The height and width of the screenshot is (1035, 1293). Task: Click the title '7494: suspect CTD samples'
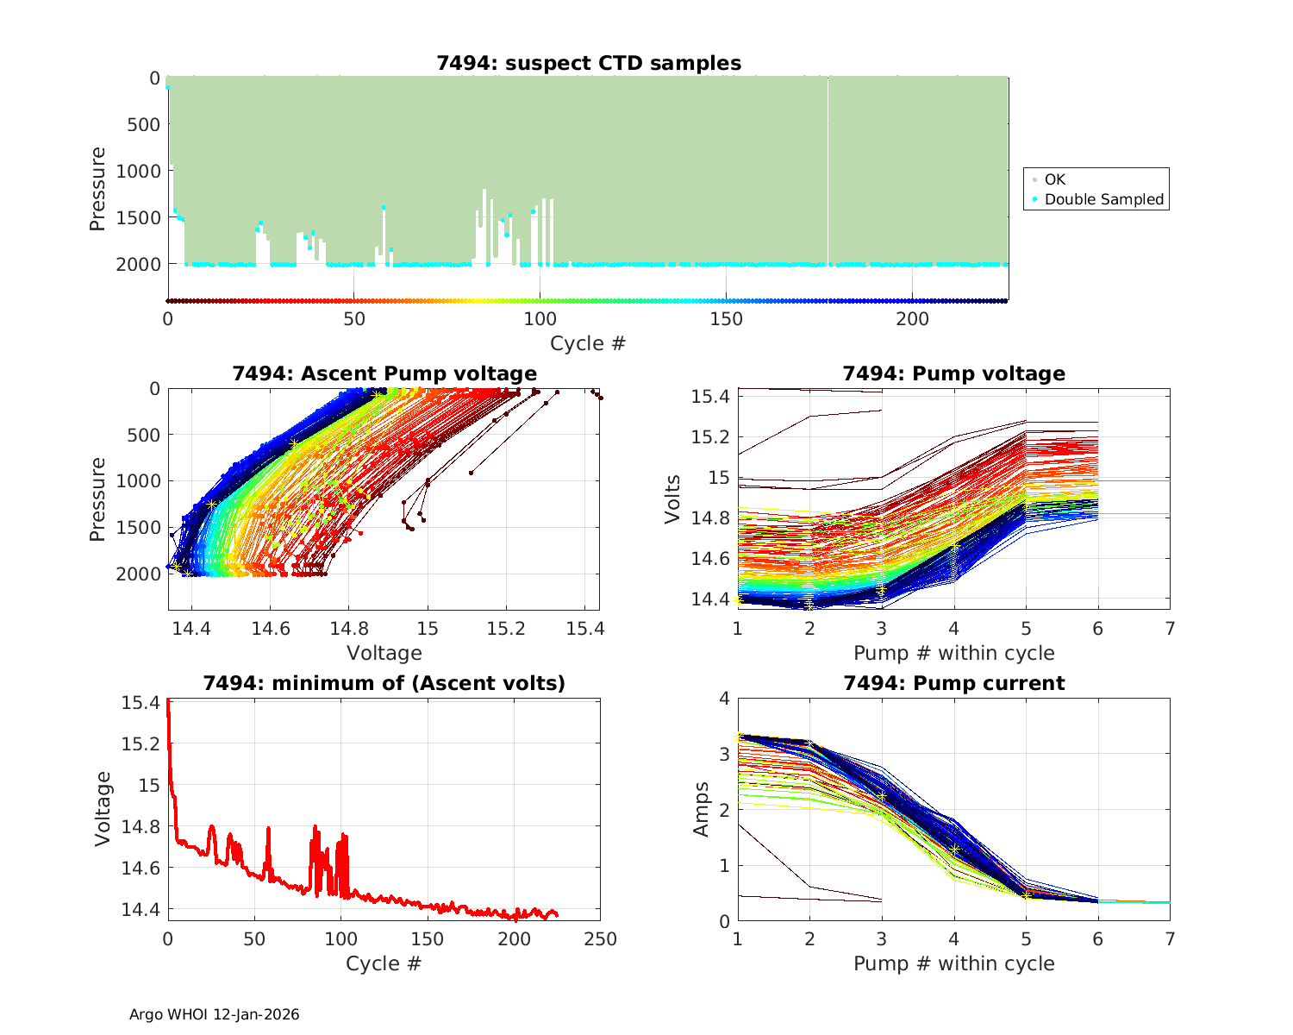click(588, 63)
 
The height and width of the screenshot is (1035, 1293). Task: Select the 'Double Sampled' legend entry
click(1103, 199)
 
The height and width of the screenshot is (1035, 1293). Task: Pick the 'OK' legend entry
click(1054, 179)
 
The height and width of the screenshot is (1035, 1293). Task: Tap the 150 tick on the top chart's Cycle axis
click(726, 319)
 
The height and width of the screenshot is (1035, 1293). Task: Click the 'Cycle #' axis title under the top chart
click(588, 343)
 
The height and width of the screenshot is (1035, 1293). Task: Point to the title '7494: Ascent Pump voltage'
click(384, 373)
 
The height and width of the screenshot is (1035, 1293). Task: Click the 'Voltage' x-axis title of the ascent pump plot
click(384, 653)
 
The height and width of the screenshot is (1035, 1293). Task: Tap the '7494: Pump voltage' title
click(953, 373)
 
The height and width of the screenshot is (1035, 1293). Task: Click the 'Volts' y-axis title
click(673, 499)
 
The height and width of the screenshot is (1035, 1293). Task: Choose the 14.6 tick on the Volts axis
click(711, 559)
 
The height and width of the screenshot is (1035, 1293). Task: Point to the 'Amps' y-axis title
click(701, 809)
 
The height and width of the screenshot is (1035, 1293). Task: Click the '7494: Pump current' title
click(953, 683)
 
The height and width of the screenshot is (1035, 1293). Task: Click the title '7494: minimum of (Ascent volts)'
click(384, 683)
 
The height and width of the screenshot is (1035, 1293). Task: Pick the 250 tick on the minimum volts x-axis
click(600, 939)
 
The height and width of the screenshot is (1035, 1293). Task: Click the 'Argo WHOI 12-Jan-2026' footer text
click(214, 1014)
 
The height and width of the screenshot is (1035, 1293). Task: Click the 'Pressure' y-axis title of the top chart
click(97, 189)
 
